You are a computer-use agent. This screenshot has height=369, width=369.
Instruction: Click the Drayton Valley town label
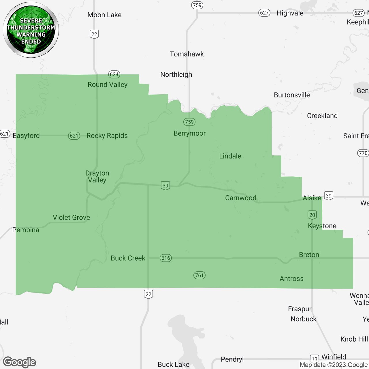click(97, 176)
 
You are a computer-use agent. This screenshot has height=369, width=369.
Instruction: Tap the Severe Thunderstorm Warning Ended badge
click(31, 30)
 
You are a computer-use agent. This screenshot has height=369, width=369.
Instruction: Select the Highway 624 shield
click(114, 74)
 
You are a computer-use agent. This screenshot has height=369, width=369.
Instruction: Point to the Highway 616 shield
click(166, 258)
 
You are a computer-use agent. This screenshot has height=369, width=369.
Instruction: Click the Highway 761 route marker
click(199, 275)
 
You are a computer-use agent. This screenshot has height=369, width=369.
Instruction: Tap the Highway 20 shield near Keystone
click(312, 215)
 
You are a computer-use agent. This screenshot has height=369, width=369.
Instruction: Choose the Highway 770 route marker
click(363, 153)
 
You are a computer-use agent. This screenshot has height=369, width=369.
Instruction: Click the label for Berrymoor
click(189, 133)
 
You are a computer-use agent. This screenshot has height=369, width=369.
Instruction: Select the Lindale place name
click(230, 156)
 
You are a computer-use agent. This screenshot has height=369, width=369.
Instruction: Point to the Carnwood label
click(241, 198)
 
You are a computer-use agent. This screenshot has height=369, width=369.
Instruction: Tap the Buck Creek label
click(128, 258)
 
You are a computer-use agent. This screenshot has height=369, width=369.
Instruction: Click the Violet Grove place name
click(71, 217)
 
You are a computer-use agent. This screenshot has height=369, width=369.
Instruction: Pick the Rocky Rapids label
click(107, 135)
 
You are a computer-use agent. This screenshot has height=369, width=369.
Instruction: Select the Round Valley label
click(108, 84)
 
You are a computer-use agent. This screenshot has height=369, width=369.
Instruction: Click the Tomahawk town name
click(187, 54)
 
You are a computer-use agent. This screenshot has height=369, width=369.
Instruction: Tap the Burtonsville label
click(292, 95)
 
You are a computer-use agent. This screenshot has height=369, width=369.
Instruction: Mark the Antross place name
click(291, 278)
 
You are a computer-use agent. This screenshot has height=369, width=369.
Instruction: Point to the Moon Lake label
click(104, 15)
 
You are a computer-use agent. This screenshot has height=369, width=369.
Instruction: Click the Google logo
click(20, 362)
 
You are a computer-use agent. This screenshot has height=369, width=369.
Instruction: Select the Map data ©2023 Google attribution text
click(334, 365)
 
